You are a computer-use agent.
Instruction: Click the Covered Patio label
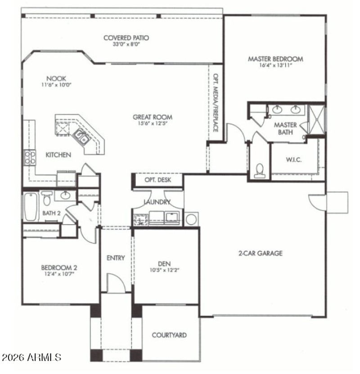pos(126,38)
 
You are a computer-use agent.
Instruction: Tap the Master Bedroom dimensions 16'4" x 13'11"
pos(275,65)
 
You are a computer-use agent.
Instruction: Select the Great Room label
pos(153,117)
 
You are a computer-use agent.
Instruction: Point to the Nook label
pos(56,78)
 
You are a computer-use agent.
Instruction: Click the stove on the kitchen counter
pos(30,158)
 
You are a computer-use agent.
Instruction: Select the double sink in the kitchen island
pos(82,136)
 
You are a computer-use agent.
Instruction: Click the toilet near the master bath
pos(259,170)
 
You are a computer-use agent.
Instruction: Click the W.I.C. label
pos(293,160)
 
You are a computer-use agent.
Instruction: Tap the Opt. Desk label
pos(157,180)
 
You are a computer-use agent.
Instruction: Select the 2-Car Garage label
pos(260,253)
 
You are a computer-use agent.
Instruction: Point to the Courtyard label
pos(169,335)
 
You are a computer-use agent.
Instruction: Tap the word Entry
pos(116,258)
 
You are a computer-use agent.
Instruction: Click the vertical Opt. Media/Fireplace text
pos(216,103)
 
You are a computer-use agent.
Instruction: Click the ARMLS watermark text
pos(31,358)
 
